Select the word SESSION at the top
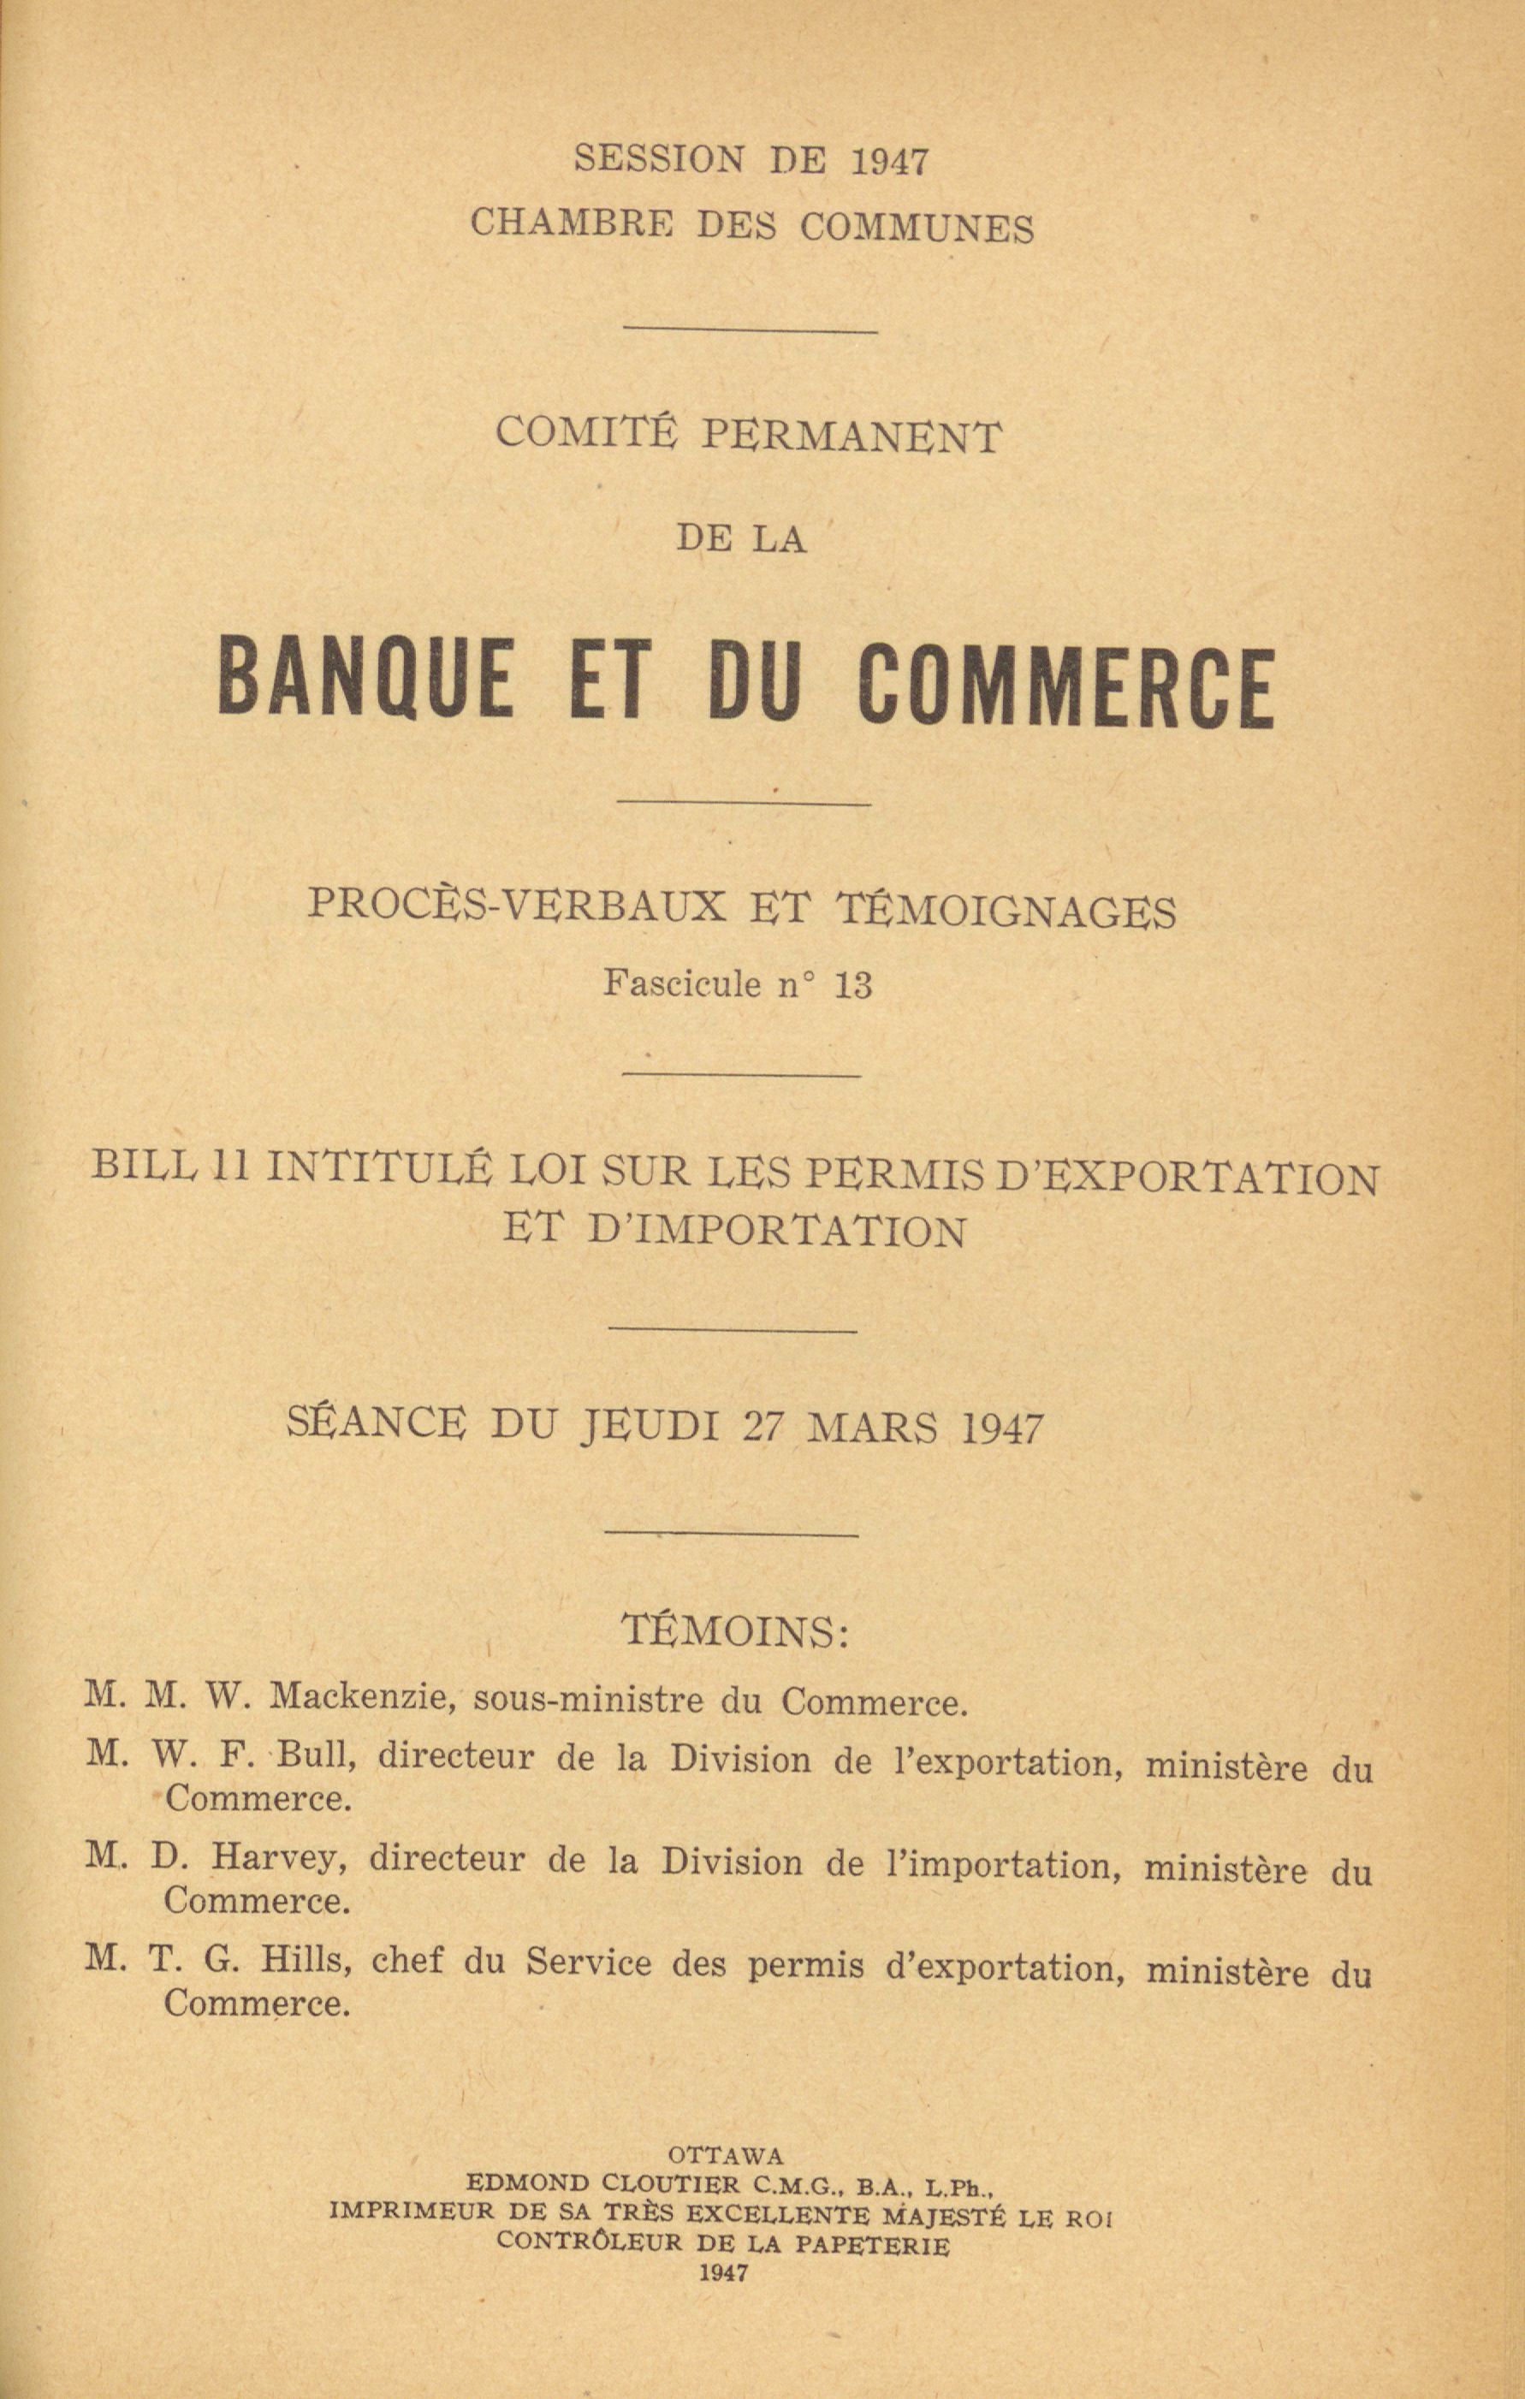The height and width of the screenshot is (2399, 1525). pyautogui.click(x=658, y=159)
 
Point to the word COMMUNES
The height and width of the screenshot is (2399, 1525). pyautogui.click(x=917, y=229)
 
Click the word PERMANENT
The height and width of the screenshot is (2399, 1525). pyautogui.click(x=852, y=437)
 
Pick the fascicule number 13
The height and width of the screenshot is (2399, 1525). pyautogui.click(x=854, y=985)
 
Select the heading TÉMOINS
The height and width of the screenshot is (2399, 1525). pyautogui.click(x=735, y=1631)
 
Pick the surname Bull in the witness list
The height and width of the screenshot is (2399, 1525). pyautogui.click(x=316, y=1755)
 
